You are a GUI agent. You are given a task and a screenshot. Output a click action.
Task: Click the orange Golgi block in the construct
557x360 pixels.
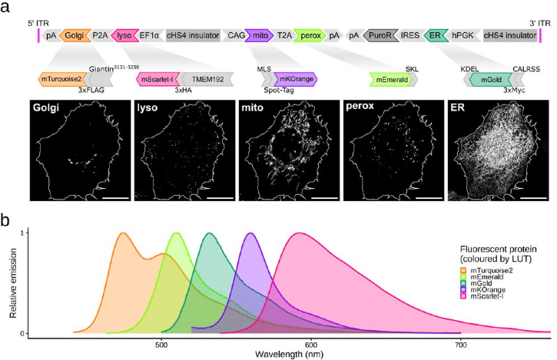point(75,35)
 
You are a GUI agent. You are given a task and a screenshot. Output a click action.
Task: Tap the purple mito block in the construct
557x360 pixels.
point(260,35)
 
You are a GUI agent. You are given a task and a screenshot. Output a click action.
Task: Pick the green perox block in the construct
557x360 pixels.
point(310,35)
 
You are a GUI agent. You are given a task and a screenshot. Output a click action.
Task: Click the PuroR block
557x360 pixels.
point(380,35)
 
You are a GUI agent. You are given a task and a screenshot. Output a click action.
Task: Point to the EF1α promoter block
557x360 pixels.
point(149,35)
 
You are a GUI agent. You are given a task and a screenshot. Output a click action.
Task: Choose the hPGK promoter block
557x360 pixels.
point(463,35)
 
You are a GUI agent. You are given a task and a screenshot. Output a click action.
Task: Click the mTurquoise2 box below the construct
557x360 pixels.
point(61,79)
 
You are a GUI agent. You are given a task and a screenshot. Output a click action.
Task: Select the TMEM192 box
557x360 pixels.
point(207,79)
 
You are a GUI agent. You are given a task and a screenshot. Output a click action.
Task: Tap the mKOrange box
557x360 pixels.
point(296,79)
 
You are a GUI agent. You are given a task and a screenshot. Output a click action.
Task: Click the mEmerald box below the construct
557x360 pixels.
point(391,79)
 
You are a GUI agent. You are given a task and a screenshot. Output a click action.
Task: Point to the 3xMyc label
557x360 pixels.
point(514,90)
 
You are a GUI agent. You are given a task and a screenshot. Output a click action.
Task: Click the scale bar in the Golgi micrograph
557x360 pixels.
point(115,197)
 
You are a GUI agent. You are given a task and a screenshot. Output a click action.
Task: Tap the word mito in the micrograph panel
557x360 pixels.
point(252,107)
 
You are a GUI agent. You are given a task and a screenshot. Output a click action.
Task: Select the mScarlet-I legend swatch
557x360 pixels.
point(463,296)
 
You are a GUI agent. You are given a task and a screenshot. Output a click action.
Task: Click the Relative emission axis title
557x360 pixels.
point(13,283)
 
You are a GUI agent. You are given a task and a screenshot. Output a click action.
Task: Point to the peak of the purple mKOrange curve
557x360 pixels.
point(250,233)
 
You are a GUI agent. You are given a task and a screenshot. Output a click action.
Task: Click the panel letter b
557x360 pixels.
point(5,220)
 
